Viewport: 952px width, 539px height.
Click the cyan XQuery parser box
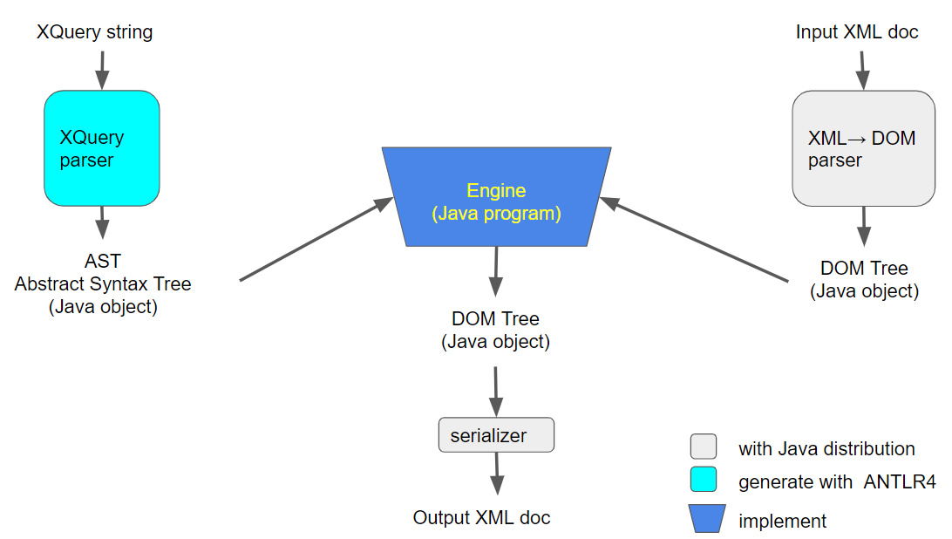(x=102, y=148)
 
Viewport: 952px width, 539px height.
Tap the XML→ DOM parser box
(x=863, y=149)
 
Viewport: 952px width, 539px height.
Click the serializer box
(x=496, y=435)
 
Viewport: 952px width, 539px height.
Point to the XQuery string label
(x=94, y=32)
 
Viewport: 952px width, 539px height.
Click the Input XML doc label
(x=857, y=32)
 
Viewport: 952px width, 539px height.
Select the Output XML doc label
(x=481, y=517)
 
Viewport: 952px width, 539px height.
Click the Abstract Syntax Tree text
(x=103, y=283)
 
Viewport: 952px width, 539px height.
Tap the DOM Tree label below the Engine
(x=495, y=319)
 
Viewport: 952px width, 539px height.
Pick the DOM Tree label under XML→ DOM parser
(x=864, y=269)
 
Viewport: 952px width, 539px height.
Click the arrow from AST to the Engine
(x=316, y=240)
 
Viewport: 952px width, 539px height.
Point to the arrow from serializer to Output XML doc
(x=496, y=476)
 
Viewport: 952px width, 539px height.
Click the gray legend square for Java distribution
(x=703, y=447)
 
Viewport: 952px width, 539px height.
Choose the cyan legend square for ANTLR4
(x=703, y=480)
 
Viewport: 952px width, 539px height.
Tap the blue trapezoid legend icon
(x=706, y=519)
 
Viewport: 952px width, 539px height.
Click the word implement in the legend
(x=782, y=522)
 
